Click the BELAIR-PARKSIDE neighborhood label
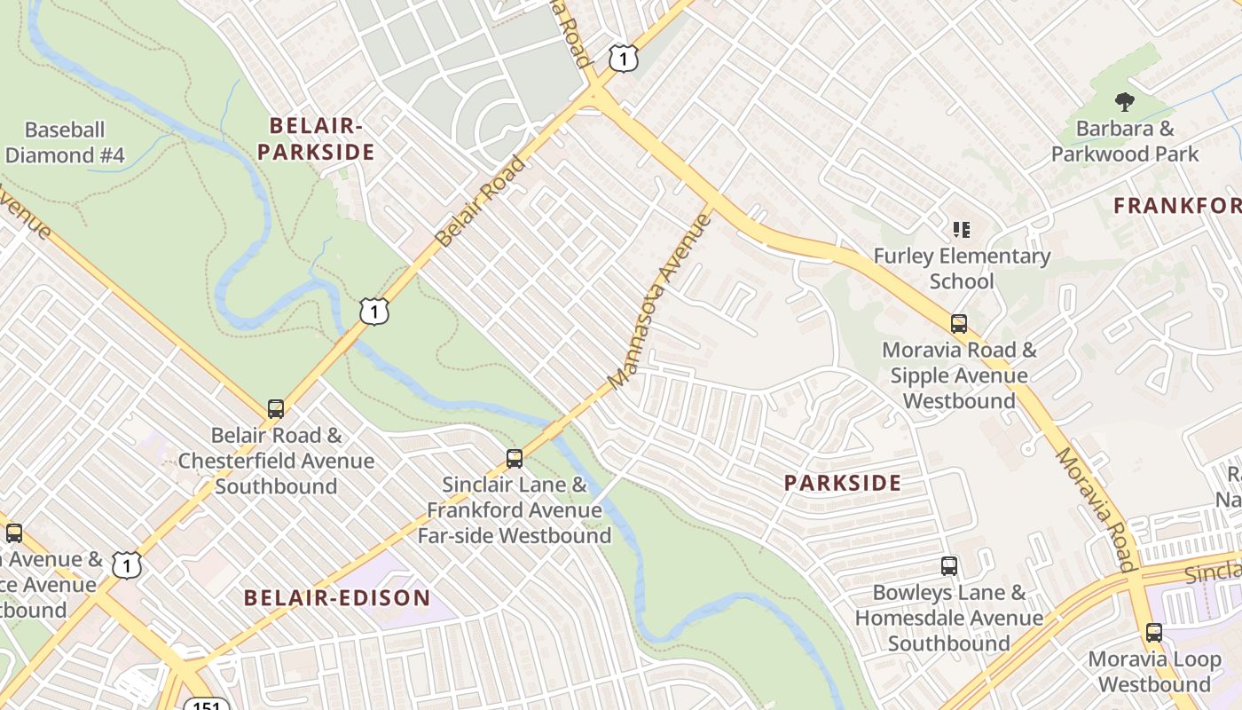(316, 139)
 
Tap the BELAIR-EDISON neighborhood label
(337, 598)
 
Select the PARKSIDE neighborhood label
(843, 484)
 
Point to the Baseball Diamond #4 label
(65, 143)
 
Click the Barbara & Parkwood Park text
(1124, 141)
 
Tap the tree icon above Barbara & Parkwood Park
(1124, 102)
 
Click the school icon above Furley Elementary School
(961, 231)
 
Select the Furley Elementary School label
(962, 269)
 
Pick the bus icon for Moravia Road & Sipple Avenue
(958, 323)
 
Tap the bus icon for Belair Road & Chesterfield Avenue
(276, 409)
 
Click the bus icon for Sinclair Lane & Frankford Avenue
(514, 459)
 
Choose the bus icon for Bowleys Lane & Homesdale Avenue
(948, 566)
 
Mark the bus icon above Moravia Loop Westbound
(1153, 633)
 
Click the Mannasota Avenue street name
(661, 302)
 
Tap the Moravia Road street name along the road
(1095, 509)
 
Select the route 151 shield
(207, 704)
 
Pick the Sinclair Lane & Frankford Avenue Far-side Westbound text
(515, 510)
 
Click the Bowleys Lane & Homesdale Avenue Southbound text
(949, 618)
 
